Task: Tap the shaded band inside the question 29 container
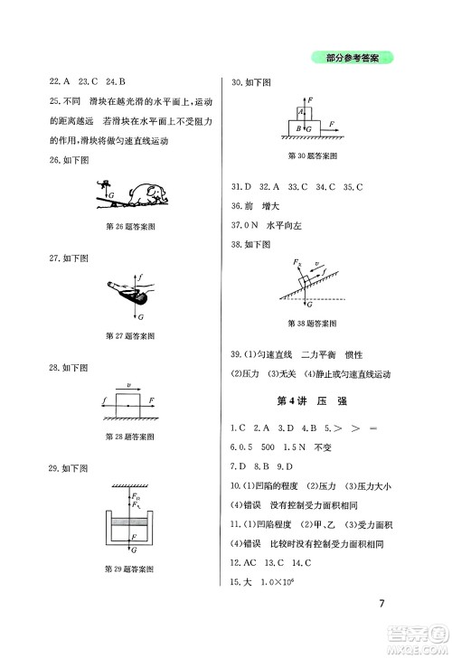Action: [x=129, y=527]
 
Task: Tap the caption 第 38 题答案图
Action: [x=311, y=323]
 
